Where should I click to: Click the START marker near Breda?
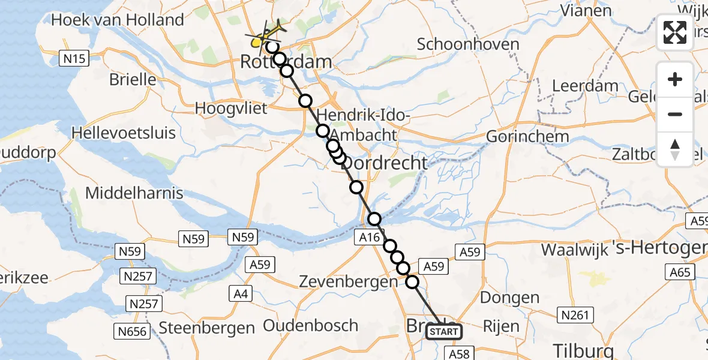444,332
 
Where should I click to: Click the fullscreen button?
675,32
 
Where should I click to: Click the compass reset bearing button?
675,149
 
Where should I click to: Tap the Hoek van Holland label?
118,20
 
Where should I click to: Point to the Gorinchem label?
527,136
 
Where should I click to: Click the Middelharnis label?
134,193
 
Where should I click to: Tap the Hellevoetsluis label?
124,132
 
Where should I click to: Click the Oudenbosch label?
311,326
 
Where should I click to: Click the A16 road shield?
370,238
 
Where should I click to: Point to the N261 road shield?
575,314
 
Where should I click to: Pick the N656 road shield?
131,331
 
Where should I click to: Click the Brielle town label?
133,80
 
